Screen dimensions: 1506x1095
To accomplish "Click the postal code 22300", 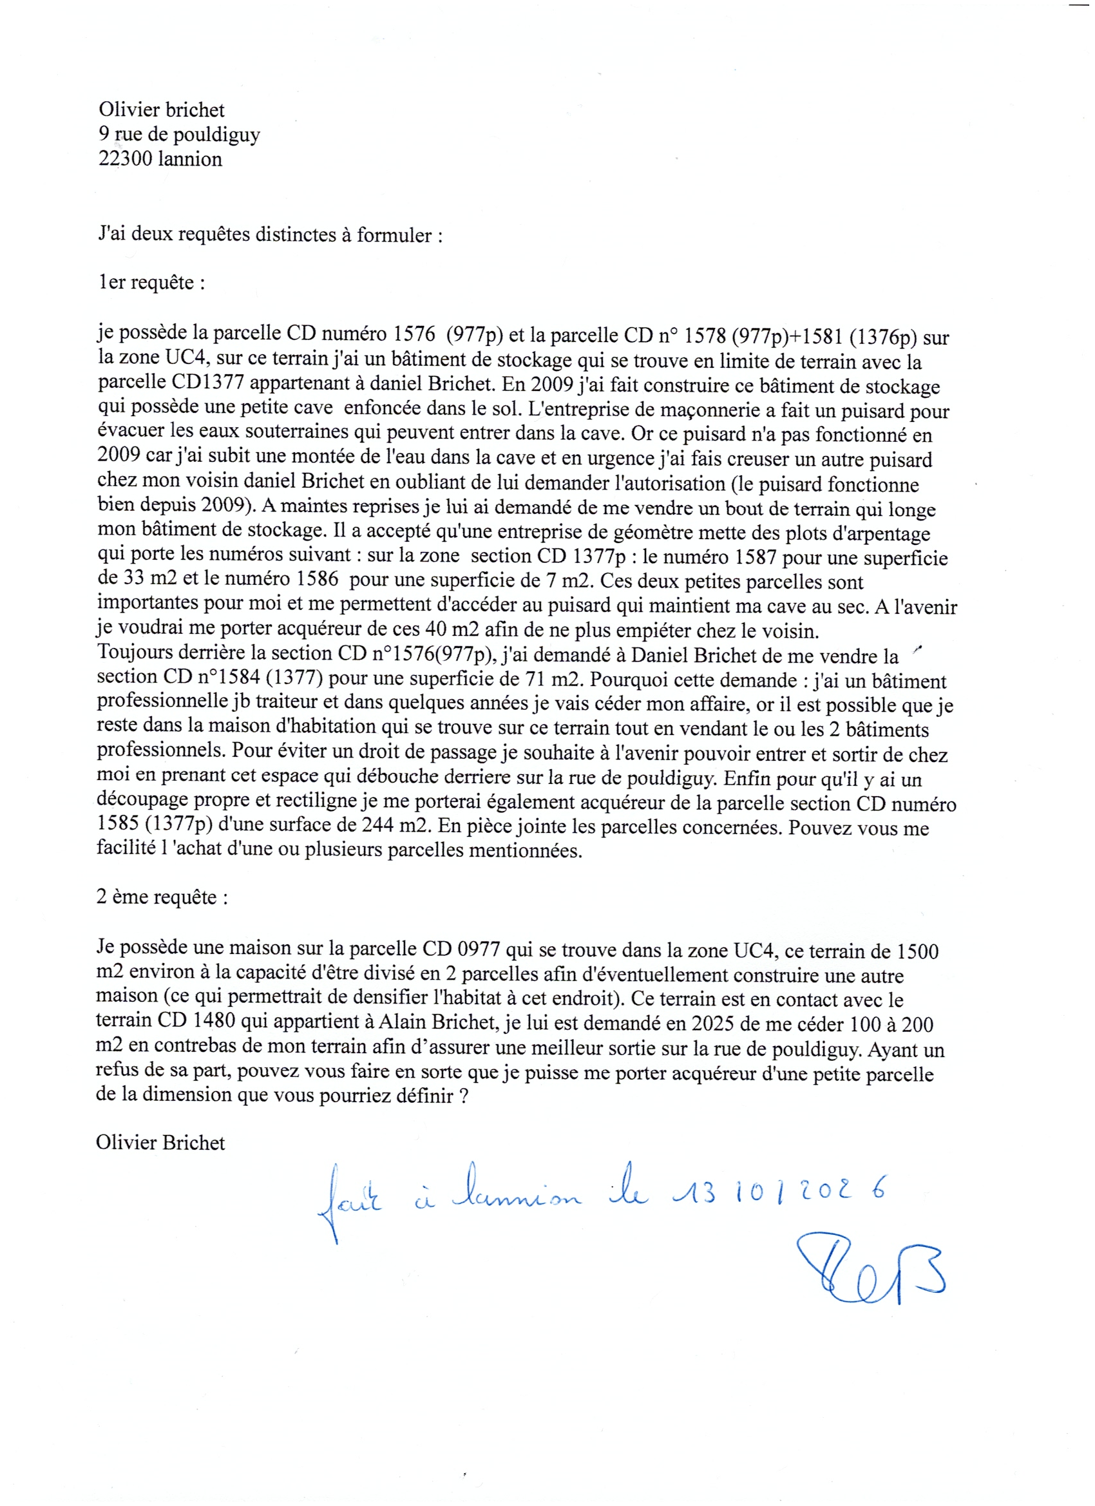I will point(126,159).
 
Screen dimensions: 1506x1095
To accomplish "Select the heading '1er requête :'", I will point(151,283).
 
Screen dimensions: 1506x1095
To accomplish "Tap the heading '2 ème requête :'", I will point(162,897).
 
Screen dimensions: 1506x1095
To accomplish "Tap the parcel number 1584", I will point(241,678).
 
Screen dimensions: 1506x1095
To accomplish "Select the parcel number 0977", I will point(480,949).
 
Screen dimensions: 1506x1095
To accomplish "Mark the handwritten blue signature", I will point(870,1269).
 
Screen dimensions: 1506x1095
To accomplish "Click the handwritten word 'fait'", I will point(350,1201).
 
